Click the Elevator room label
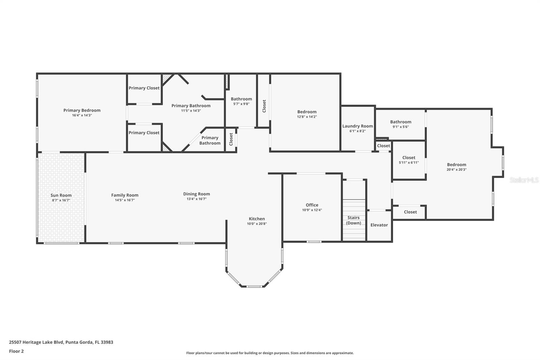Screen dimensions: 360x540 coord(379,225)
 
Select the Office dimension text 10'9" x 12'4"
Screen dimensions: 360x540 coord(312,210)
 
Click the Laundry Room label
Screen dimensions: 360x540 coord(357,126)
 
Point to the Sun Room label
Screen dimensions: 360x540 coord(61,195)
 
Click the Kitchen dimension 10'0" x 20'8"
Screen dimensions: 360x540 coord(257,224)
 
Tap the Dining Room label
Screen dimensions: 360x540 coord(196,194)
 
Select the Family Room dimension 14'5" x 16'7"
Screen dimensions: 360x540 coord(125,200)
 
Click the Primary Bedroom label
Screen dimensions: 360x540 coord(82,110)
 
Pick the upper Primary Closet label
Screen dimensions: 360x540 coord(144,88)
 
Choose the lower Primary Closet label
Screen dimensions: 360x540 coord(144,133)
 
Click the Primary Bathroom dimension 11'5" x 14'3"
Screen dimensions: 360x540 coord(191,111)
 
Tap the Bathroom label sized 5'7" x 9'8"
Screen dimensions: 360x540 coord(241,99)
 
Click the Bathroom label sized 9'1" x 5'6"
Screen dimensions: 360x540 coord(401,122)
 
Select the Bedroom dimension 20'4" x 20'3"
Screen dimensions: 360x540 coord(456,170)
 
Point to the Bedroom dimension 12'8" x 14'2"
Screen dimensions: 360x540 coord(307,117)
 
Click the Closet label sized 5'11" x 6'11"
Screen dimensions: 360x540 coord(409,158)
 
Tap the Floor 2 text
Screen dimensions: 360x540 coord(17,351)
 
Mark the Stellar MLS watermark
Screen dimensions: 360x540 coord(524,180)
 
